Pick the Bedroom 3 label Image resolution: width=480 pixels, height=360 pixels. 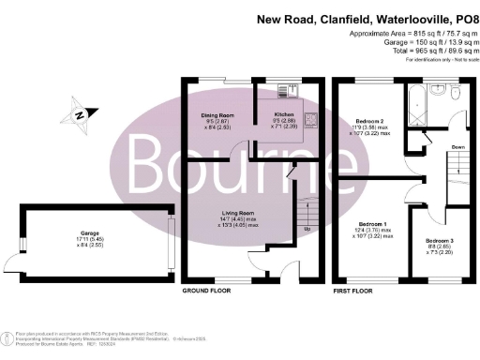pyautogui.click(x=440, y=241)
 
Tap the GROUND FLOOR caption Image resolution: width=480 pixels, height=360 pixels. pyautogui.click(x=206, y=292)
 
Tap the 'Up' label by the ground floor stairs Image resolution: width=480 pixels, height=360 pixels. pyautogui.click(x=307, y=229)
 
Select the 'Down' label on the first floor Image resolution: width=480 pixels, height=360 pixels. pyautogui.click(x=457, y=147)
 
